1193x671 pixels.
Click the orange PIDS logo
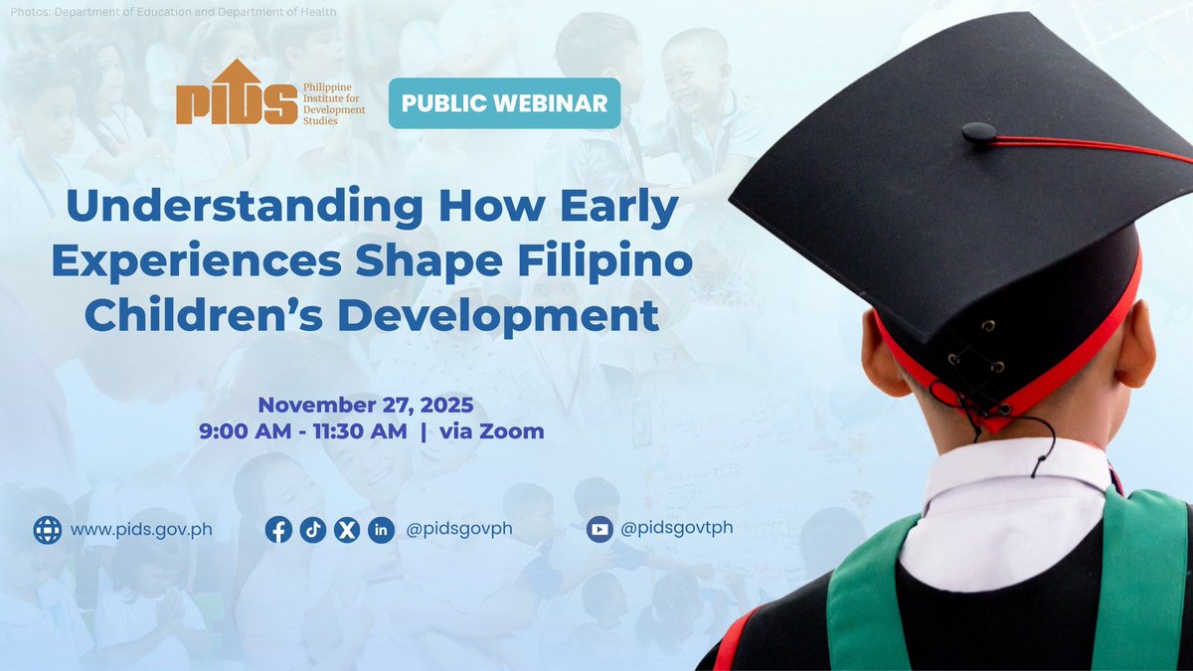point(236,92)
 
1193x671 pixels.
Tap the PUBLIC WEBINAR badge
point(504,103)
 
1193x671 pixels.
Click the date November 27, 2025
point(366,406)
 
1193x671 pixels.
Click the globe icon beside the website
point(48,529)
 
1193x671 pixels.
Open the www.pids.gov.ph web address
point(141,529)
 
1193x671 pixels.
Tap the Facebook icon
point(279,530)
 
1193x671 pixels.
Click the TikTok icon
point(313,530)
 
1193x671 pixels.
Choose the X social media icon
point(346,530)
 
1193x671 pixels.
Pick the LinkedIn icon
point(381,530)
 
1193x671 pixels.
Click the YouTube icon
point(599,529)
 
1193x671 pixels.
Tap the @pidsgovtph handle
point(676,528)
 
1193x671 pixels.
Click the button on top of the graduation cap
point(978,131)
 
